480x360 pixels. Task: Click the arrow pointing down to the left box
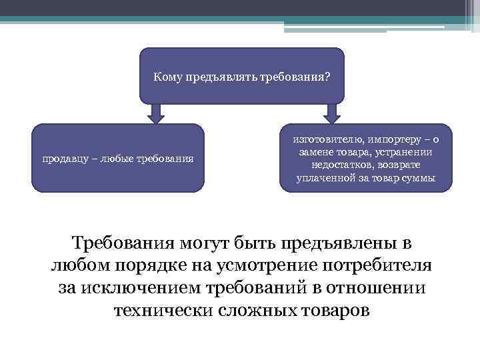pos(156,113)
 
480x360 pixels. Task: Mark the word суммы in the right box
pos(420,178)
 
